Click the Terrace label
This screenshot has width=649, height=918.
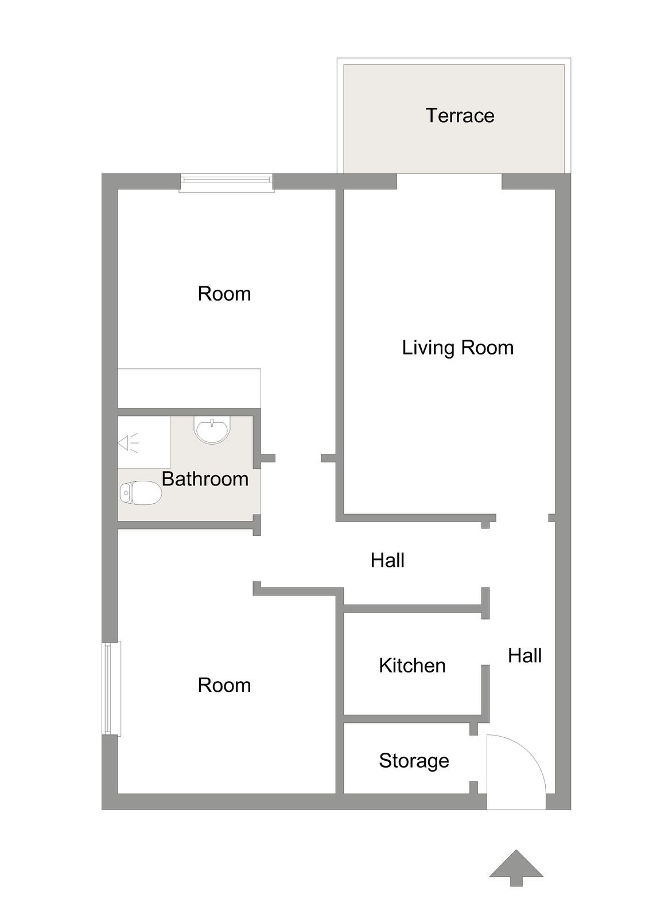[460, 115]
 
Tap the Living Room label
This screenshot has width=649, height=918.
[457, 348]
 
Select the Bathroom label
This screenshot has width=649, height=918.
[205, 479]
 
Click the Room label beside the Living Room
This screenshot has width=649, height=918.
[224, 294]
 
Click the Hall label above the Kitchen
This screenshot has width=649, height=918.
[387, 560]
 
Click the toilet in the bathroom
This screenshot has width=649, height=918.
[140, 493]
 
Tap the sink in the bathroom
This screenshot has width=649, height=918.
[212, 430]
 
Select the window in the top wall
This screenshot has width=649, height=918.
[227, 182]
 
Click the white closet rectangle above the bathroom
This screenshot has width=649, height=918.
[189, 388]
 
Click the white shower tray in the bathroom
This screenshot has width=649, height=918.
[144, 442]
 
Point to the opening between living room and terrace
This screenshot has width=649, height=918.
[449, 181]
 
